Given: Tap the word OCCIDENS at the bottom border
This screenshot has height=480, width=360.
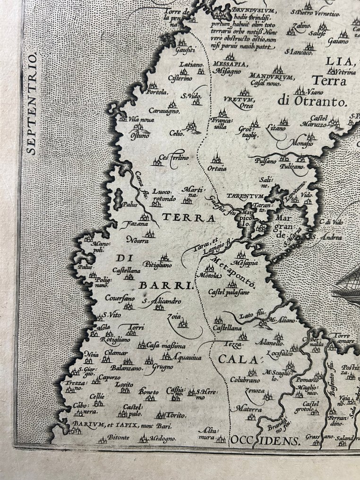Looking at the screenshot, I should [266, 441].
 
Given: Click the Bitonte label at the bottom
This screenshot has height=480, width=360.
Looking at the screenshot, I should [118, 438].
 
